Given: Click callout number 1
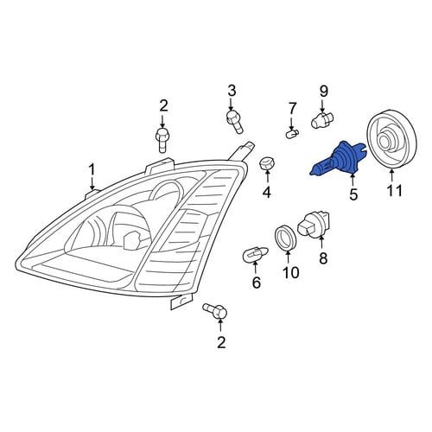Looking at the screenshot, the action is click(92, 170).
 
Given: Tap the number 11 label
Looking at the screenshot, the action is click(394, 190).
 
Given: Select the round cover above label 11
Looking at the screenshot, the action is click(391, 139).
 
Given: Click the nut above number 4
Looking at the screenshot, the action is click(267, 164).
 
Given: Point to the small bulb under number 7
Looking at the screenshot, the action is click(292, 133).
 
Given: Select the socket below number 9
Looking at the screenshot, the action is click(322, 121).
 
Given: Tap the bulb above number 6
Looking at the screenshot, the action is click(256, 254).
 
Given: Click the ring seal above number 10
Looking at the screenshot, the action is click(286, 238).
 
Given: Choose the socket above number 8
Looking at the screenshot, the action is click(314, 226).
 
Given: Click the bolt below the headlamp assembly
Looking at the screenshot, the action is click(215, 311).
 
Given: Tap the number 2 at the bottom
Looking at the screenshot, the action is click(221, 342).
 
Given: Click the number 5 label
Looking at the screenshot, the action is click(353, 194).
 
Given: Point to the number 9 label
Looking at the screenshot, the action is click(323, 92).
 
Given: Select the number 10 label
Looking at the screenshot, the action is click(290, 273).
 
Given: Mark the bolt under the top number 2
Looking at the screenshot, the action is click(162, 140).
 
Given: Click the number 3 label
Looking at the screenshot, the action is click(232, 91).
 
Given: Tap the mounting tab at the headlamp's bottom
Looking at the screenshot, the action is click(181, 302).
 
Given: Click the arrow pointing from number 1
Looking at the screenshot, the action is click(92, 183).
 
